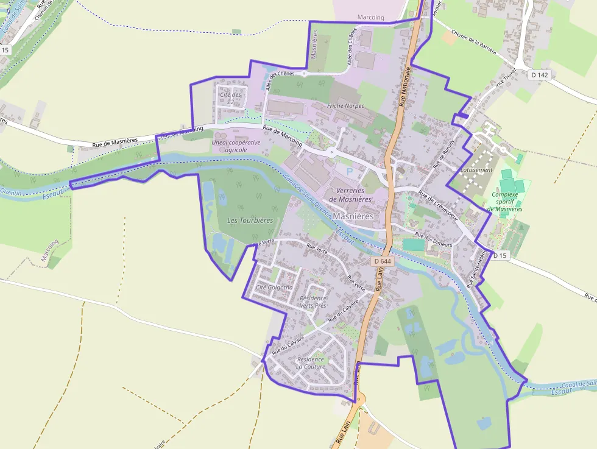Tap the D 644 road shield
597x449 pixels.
coord(383,261)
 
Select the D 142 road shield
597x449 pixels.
coord(539,74)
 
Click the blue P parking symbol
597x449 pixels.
coord(350,172)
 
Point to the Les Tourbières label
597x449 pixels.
coord(250,220)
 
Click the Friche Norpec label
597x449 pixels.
coord(345,105)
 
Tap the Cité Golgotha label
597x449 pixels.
coord(274,287)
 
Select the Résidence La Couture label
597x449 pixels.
coord(311,363)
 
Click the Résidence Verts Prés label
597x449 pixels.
coord(313,302)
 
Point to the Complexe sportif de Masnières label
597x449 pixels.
coord(506,202)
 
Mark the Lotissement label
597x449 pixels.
coord(477,170)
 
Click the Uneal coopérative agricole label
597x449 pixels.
coord(236,146)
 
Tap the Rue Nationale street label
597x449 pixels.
coord(403,87)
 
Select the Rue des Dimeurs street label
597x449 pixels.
coord(433,239)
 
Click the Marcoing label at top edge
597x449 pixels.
coord(371,18)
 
